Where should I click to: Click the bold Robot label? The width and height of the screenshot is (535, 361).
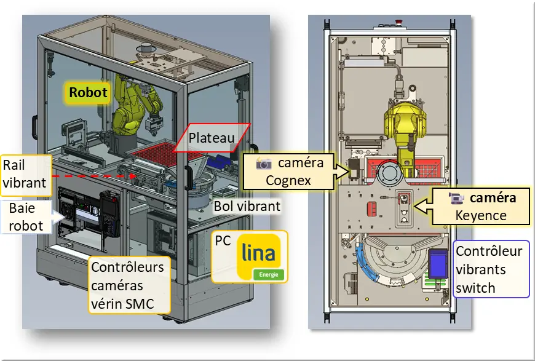click(x=88, y=93)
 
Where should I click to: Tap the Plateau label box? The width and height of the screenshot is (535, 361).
click(x=210, y=138)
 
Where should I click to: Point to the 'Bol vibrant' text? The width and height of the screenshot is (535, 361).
click(x=247, y=206)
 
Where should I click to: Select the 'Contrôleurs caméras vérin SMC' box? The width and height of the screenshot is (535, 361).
click(x=127, y=285)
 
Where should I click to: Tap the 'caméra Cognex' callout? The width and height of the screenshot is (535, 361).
click(x=289, y=172)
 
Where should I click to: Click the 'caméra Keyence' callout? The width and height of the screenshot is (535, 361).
click(x=483, y=207)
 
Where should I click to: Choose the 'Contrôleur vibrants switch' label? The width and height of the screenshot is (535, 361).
click(x=491, y=269)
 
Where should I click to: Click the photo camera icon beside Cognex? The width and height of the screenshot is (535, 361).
click(x=264, y=164)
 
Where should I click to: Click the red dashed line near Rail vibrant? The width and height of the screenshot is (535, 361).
click(x=92, y=175)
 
